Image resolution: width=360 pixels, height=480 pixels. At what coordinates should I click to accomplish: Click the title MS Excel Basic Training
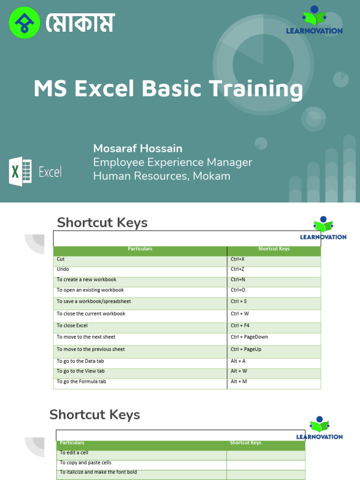tap(168, 89)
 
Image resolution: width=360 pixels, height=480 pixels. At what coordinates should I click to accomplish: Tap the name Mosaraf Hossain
tap(138, 149)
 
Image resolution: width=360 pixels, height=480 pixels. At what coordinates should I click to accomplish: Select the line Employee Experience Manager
tap(172, 162)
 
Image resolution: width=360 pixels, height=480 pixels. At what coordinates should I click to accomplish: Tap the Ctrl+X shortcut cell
tap(238, 259)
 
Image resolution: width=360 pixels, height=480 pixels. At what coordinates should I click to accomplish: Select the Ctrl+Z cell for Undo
tap(237, 270)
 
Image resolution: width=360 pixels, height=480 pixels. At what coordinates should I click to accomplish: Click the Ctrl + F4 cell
tap(240, 326)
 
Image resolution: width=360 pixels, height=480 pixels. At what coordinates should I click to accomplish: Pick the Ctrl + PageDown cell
tap(249, 337)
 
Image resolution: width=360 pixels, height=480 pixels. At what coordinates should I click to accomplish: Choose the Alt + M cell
tap(239, 382)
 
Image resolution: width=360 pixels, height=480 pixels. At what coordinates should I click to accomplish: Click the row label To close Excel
tap(72, 326)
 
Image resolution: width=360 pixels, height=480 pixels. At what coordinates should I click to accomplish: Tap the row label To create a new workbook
tap(86, 280)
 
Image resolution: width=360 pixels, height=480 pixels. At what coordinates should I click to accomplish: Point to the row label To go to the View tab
tap(81, 371)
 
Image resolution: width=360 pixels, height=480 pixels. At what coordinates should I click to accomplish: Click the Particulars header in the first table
tap(140, 249)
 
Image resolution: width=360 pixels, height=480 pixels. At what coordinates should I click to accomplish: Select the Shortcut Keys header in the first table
tap(274, 249)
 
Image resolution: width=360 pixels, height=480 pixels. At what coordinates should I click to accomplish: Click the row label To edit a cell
tap(74, 453)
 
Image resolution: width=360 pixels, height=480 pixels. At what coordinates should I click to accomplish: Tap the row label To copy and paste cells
tap(86, 463)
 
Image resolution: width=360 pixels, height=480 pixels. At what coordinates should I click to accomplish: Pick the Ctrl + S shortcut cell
tap(239, 301)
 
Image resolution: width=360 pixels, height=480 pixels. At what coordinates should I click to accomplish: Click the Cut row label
tap(60, 259)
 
